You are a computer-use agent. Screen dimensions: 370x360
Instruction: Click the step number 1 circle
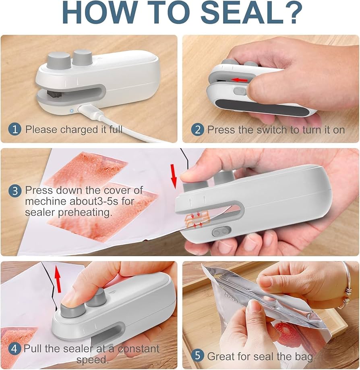(15, 129)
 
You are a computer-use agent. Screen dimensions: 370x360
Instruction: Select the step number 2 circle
(197, 130)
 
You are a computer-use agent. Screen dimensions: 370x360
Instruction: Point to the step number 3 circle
(15, 191)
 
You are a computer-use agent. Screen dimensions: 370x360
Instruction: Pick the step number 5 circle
(197, 356)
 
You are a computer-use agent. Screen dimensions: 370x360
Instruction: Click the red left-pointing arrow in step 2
(241, 80)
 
